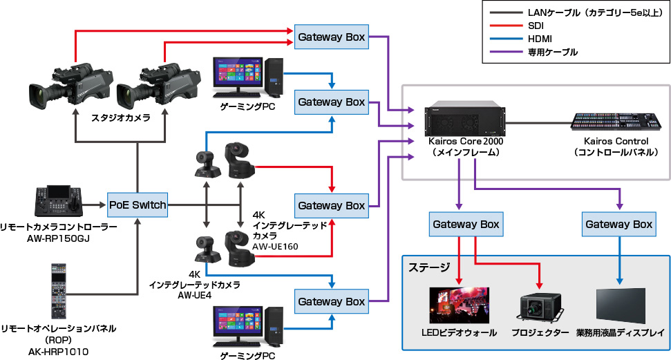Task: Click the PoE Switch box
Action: coord(138,205)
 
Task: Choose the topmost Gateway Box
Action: coord(331,37)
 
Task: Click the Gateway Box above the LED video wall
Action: coord(466,224)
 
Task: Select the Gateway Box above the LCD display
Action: coord(618,224)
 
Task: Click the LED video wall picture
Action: coord(458,303)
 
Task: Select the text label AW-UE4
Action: coord(194,294)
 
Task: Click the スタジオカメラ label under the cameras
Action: coord(121,118)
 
